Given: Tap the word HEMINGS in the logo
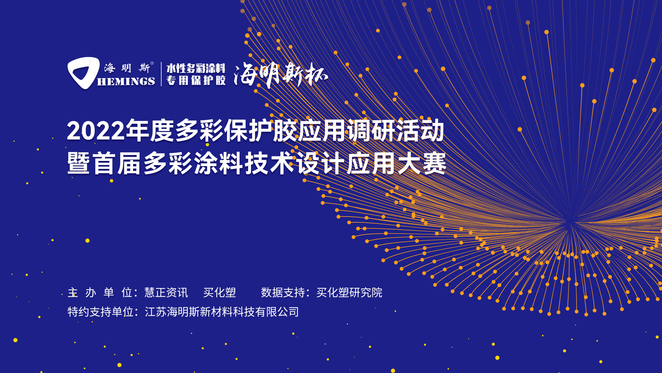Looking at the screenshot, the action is [x=126, y=82].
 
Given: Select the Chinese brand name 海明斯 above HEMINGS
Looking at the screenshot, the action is [x=127, y=68].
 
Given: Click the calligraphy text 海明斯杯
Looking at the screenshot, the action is [x=281, y=75].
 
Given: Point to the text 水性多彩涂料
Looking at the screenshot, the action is [x=196, y=68].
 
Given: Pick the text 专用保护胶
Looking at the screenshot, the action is [x=196, y=80].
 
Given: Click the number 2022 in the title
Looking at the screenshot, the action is [x=96, y=131].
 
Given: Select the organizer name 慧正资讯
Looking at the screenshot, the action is [x=166, y=293].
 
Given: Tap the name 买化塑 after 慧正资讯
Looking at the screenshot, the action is [x=220, y=293].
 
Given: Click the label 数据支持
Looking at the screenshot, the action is [x=283, y=293].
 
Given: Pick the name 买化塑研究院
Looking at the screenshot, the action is [x=349, y=293].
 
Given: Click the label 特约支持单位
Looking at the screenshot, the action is [x=100, y=312].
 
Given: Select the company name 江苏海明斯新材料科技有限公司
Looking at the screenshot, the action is [x=222, y=312].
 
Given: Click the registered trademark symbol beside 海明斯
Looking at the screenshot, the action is [x=152, y=63].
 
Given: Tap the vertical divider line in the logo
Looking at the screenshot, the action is [x=161, y=74].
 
